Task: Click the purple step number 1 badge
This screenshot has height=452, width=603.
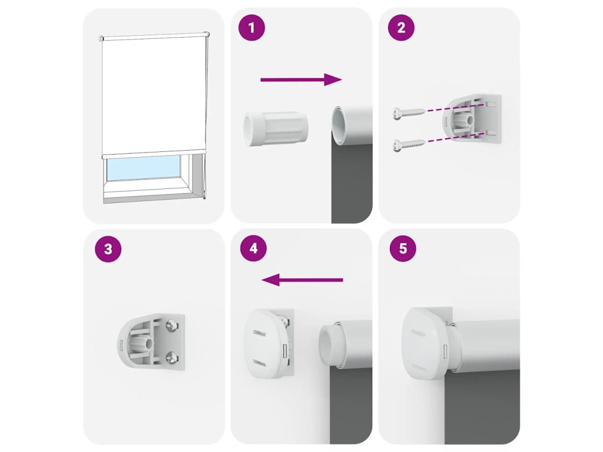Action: point(252,28)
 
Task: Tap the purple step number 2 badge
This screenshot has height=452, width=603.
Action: point(401,28)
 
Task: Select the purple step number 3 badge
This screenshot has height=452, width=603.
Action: point(108,249)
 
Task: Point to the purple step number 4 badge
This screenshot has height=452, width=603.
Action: point(253,249)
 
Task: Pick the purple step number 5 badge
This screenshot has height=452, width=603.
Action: point(403,249)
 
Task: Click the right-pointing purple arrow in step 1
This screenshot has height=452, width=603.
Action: point(301,79)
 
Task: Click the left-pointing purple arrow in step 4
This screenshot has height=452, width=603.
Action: point(302,280)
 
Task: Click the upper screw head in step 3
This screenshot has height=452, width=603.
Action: point(170,327)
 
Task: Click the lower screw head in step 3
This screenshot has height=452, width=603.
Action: point(170,358)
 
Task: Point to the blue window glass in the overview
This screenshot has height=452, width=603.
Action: point(144,168)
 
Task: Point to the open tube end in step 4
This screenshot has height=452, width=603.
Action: point(328,344)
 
